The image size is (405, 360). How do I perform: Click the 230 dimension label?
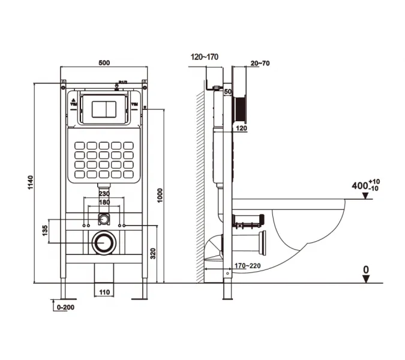pos(104,194)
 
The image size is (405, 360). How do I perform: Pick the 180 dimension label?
pos(104,203)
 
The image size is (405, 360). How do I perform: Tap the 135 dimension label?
pos(45,232)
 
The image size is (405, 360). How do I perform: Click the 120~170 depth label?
pos(205,57)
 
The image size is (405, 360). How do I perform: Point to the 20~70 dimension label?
pos(260,62)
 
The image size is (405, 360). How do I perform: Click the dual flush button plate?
pos(104,109)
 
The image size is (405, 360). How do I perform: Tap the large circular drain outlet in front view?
pos(104,242)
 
